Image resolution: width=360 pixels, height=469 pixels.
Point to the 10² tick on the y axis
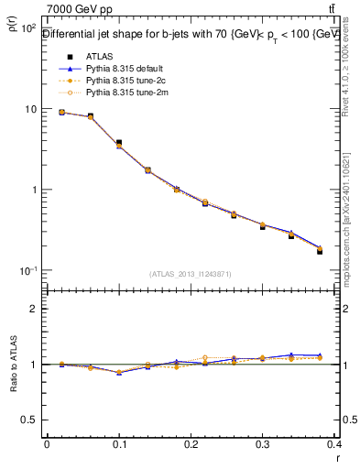click(x=28, y=29)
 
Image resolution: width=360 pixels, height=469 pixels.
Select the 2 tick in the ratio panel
click(x=33, y=309)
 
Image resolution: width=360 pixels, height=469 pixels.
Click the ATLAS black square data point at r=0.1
click(x=119, y=143)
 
